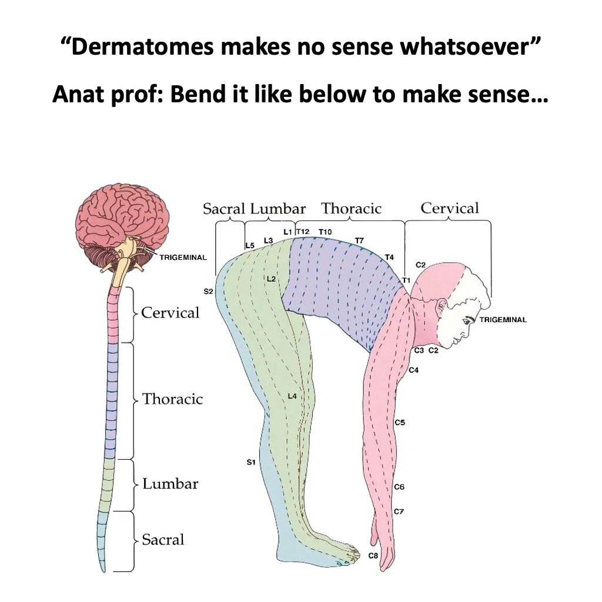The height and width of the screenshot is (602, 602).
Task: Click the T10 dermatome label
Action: tap(325, 232)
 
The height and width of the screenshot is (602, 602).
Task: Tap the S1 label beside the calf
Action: tap(250, 463)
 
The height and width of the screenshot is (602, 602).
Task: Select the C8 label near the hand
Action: tap(373, 556)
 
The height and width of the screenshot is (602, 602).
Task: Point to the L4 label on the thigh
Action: tap(292, 396)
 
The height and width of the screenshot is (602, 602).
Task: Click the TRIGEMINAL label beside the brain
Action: tap(183, 257)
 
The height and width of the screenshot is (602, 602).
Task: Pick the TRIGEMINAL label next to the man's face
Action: tap(503, 320)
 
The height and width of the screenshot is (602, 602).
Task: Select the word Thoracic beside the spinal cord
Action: tap(172, 399)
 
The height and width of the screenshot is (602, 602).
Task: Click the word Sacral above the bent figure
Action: tap(223, 209)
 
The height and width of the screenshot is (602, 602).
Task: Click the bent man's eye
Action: tap(469, 320)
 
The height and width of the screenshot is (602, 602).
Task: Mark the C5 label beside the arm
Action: tap(400, 422)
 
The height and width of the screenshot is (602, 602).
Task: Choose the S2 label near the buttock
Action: tap(208, 291)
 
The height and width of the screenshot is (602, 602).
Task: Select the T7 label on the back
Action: tap(359, 240)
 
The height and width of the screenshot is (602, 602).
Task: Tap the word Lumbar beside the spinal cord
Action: tap(170, 484)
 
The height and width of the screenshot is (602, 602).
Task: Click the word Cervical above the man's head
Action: tap(450, 208)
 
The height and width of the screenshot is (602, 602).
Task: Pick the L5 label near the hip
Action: tap(249, 245)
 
